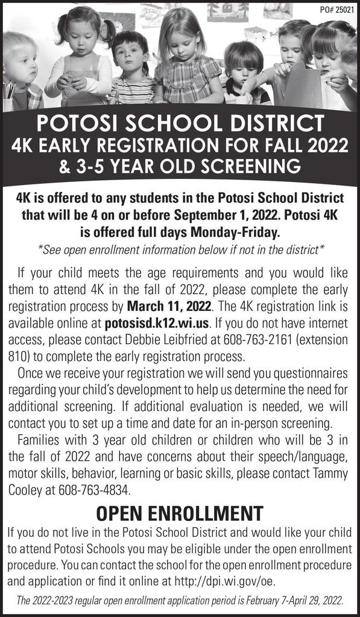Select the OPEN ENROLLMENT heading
point(180,514)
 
